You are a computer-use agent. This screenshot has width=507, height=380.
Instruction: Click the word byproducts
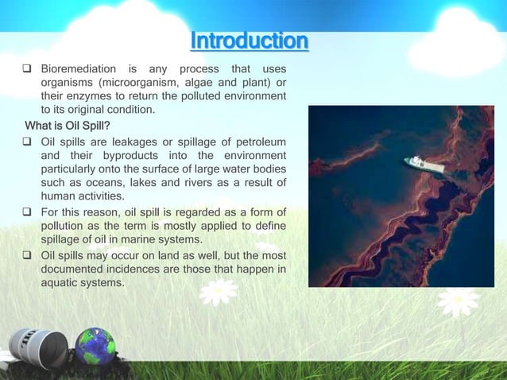click(122, 155)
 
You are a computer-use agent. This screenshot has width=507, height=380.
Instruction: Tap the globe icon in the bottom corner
click(95, 346)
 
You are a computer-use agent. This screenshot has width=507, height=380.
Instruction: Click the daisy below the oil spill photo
click(457, 301)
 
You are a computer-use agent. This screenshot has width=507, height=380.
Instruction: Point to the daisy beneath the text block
click(218, 291)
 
